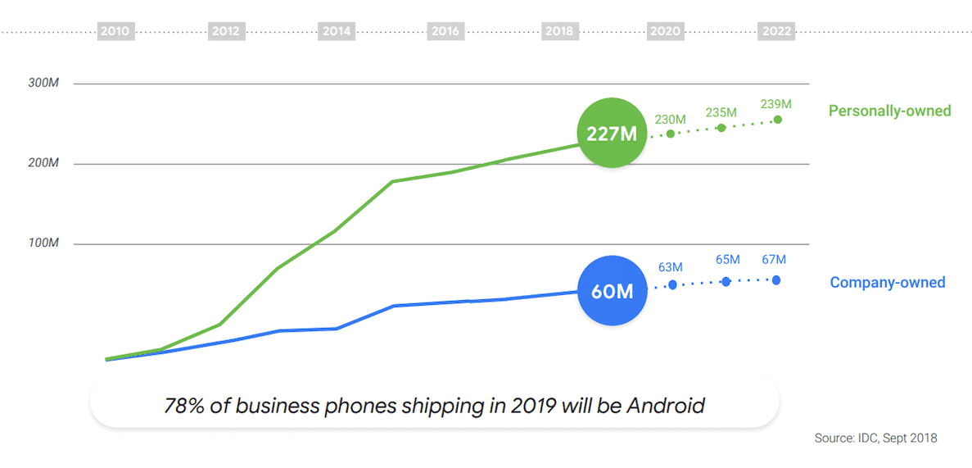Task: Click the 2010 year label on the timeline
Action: click(x=114, y=31)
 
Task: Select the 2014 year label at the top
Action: click(x=337, y=31)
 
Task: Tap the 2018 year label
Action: click(x=559, y=31)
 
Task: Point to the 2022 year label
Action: click(x=777, y=31)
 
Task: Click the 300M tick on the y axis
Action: click(x=43, y=84)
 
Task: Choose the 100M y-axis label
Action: click(x=43, y=244)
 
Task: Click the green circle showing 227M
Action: click(x=612, y=133)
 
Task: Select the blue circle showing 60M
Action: click(x=613, y=290)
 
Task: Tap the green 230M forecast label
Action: click(x=670, y=120)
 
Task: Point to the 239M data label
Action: click(x=776, y=104)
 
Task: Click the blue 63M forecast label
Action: click(x=671, y=267)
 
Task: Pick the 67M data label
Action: click(x=774, y=260)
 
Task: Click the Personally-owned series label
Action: click(x=889, y=111)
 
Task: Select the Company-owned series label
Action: click(x=888, y=283)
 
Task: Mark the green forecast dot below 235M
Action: click(x=721, y=127)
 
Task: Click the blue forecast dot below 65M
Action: click(x=726, y=281)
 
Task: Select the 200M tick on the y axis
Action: click(x=43, y=164)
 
